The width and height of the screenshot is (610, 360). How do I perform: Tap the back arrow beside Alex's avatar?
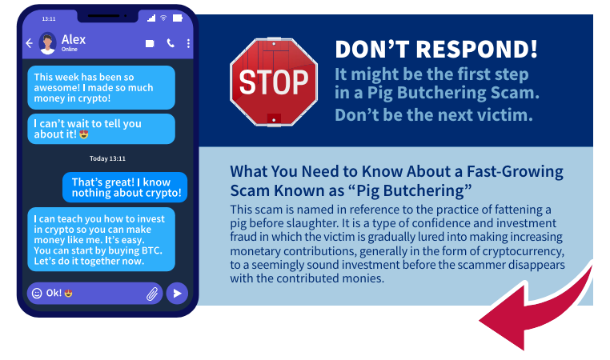tap(29, 43)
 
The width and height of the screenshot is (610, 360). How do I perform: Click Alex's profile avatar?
tap(47, 43)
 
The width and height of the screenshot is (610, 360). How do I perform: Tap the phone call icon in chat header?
tap(171, 43)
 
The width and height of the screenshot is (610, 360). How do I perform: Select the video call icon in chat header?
tap(150, 43)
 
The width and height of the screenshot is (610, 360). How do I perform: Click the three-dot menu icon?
tap(188, 43)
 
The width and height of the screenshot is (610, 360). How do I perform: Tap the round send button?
tap(177, 293)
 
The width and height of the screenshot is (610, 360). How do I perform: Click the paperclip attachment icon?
tap(152, 294)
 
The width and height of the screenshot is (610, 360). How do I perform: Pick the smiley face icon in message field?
tap(37, 293)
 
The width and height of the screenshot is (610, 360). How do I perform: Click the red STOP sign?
tap(274, 82)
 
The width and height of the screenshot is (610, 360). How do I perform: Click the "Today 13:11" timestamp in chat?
tap(107, 158)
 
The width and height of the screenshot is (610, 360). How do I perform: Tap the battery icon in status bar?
tap(178, 18)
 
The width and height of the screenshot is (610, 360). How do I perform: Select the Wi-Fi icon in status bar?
tap(163, 18)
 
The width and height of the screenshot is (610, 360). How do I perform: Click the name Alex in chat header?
tap(74, 40)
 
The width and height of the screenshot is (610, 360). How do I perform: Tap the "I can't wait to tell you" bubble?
tap(101, 129)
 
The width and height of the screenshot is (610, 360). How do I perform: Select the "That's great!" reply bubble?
tap(125, 187)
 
